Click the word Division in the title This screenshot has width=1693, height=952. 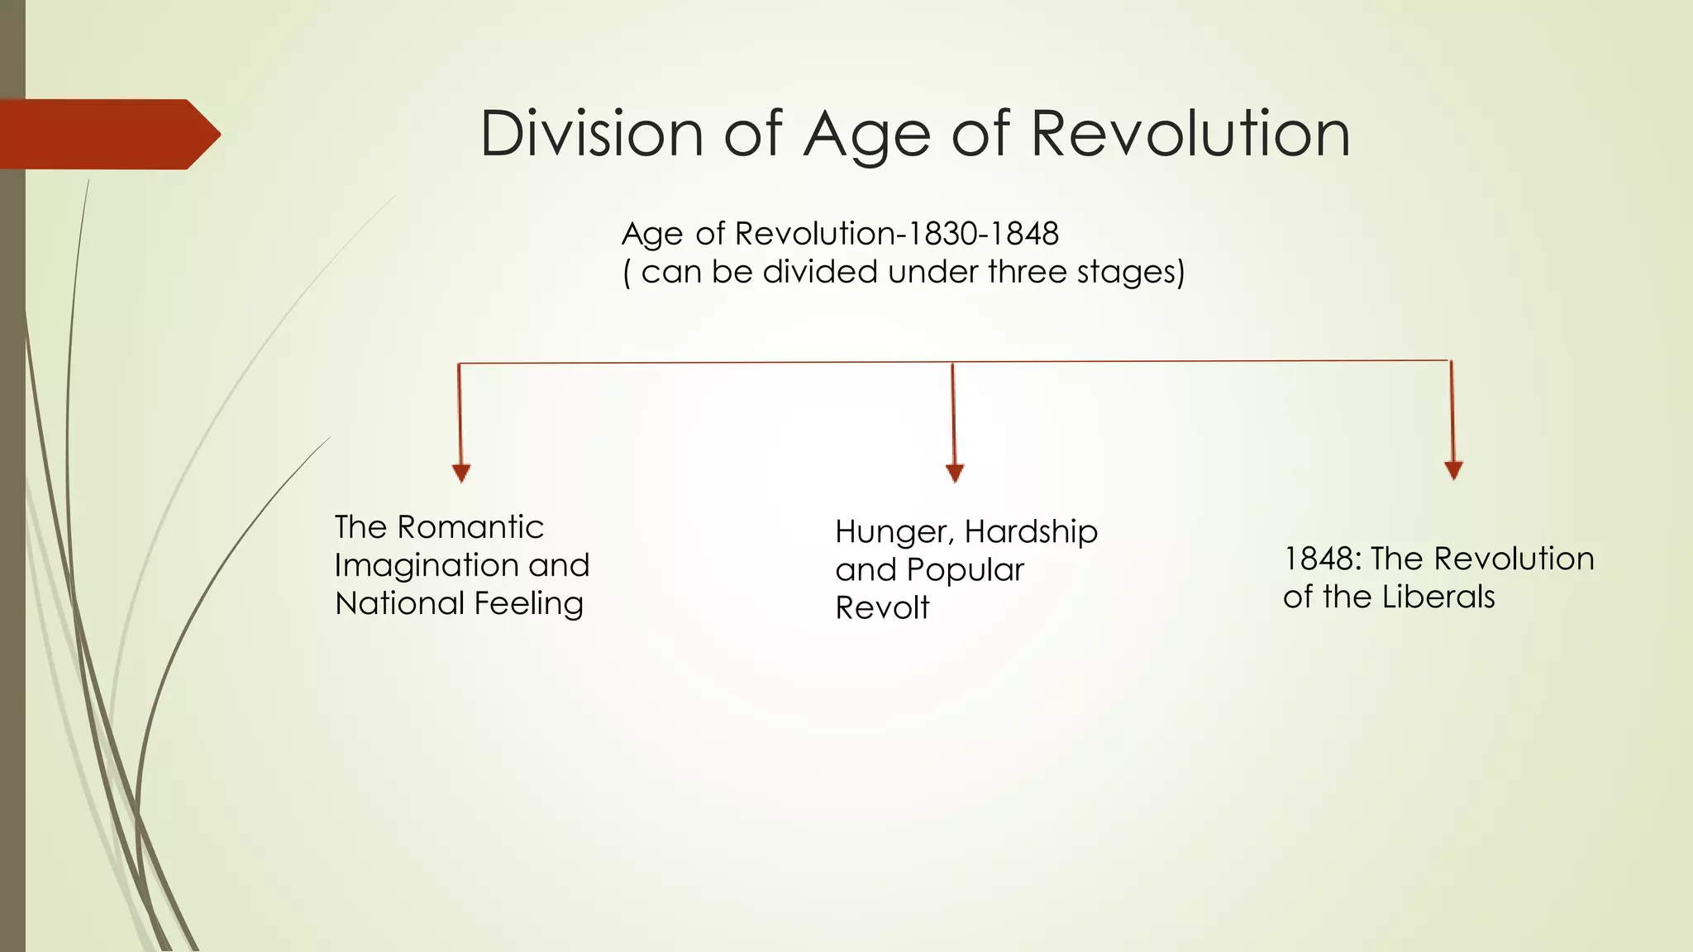(591, 133)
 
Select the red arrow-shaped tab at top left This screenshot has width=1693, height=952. (107, 134)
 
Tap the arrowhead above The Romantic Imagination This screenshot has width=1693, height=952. (461, 473)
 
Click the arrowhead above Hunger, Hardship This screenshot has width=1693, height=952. (955, 473)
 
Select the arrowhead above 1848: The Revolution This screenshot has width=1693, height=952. (1453, 470)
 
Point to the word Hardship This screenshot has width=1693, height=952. (1031, 532)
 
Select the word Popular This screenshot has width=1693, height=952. (965, 570)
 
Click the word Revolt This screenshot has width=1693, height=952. (882, 608)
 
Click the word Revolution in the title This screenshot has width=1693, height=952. (1190, 133)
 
